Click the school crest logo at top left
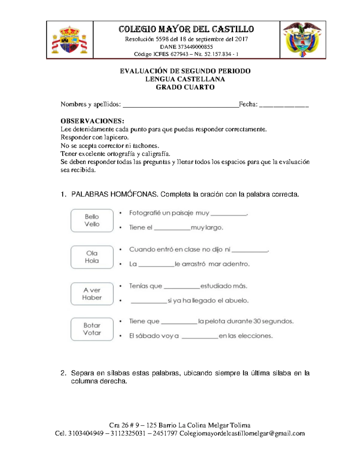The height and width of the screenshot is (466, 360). [x=70, y=40]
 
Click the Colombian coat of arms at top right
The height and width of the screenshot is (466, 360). [x=303, y=39]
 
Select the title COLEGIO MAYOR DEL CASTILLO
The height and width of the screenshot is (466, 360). [x=186, y=29]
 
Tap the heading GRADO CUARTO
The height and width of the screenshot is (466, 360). [x=185, y=87]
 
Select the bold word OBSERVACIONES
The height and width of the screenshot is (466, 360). [x=92, y=121]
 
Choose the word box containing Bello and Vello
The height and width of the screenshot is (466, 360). [x=92, y=221]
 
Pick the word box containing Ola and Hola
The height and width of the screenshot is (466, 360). [x=92, y=257]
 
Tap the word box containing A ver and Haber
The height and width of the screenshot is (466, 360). [x=92, y=294]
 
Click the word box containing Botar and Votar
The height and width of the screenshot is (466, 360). [x=92, y=329]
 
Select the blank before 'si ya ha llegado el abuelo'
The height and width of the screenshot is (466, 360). [x=149, y=301]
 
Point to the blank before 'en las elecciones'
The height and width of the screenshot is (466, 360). [x=200, y=337]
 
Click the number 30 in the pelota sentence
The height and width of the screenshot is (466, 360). [x=257, y=321]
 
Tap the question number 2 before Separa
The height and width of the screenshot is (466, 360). [x=63, y=373]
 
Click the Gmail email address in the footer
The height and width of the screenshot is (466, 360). [x=242, y=434]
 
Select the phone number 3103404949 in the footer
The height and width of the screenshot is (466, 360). [x=86, y=434]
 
